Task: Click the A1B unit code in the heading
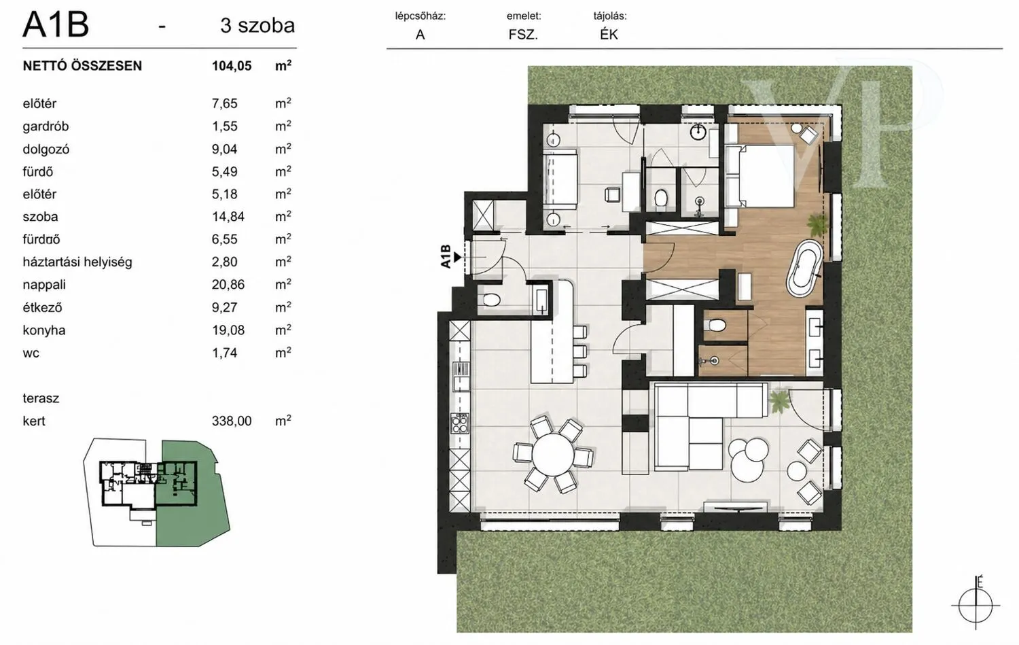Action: pos(56,25)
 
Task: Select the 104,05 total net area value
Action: pos(232,66)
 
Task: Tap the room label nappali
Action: pos(44,285)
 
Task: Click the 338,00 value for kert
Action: pos(232,421)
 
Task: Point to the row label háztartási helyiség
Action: pos(77,262)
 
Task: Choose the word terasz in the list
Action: pos(41,398)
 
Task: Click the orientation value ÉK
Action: pos(609,35)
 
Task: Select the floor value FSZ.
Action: pos(523,35)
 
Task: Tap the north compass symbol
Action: pos(976,605)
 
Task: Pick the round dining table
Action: pos(553,455)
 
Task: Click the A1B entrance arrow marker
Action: pos(457,258)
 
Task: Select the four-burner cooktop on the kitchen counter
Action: pos(459,423)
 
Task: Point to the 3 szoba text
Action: pos(257,26)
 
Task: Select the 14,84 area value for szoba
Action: pos(228,217)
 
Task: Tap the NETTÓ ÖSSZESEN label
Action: pos(82,66)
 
